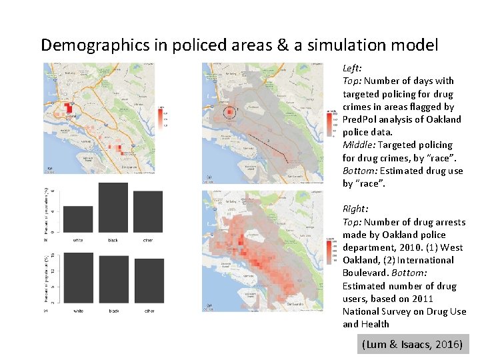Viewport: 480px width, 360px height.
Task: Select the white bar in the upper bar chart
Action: (x=78, y=219)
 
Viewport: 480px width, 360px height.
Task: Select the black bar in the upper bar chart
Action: (x=113, y=207)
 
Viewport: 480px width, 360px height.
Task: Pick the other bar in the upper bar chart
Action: (x=147, y=211)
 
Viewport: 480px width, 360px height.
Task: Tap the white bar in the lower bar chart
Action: (x=78, y=278)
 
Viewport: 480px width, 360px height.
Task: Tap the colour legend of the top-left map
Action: (x=162, y=116)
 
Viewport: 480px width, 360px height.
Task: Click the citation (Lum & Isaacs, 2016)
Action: (x=412, y=344)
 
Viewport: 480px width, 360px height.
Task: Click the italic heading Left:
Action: (x=352, y=69)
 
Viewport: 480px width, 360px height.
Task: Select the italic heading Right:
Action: (x=355, y=209)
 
